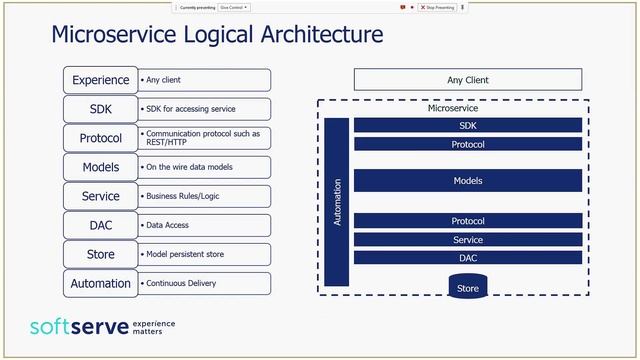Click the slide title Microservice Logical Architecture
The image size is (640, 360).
[217, 36]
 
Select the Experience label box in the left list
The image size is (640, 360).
[100, 80]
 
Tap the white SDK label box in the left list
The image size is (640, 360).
[100, 109]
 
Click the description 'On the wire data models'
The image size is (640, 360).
[204, 167]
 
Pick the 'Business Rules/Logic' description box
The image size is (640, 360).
[204, 196]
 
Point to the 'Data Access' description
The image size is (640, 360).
[204, 225]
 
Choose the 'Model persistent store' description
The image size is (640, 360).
[204, 254]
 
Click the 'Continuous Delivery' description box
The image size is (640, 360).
[204, 283]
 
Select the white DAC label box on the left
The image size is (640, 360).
[100, 225]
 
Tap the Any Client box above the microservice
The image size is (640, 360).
[468, 80]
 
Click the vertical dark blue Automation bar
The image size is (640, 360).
[337, 201]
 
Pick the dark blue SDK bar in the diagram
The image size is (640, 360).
[468, 125]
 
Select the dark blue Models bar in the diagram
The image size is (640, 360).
[468, 181]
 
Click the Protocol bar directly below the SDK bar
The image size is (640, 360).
[468, 144]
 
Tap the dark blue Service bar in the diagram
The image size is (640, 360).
[468, 240]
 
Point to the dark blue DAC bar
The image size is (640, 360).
[468, 258]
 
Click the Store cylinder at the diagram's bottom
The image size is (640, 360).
[468, 287]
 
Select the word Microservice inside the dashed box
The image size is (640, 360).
[454, 108]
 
